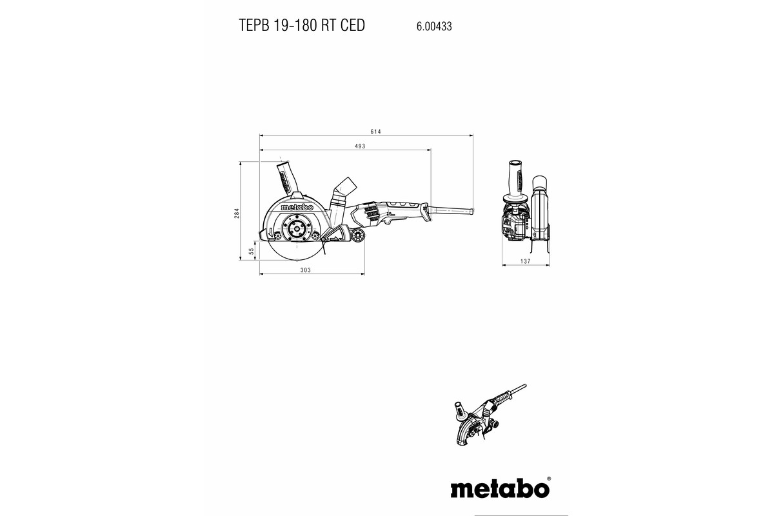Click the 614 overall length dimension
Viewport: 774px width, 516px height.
click(x=375, y=132)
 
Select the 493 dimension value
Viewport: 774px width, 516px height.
click(x=360, y=146)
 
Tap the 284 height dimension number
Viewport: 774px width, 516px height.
click(x=237, y=213)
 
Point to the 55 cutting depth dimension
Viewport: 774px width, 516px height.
click(x=252, y=252)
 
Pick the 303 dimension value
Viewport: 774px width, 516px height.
click(x=306, y=270)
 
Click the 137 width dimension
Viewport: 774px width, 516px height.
click(x=525, y=261)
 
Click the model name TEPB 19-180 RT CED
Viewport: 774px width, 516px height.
click(x=302, y=25)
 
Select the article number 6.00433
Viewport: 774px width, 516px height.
click(x=434, y=26)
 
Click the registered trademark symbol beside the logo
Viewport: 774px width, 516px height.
click(x=549, y=479)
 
